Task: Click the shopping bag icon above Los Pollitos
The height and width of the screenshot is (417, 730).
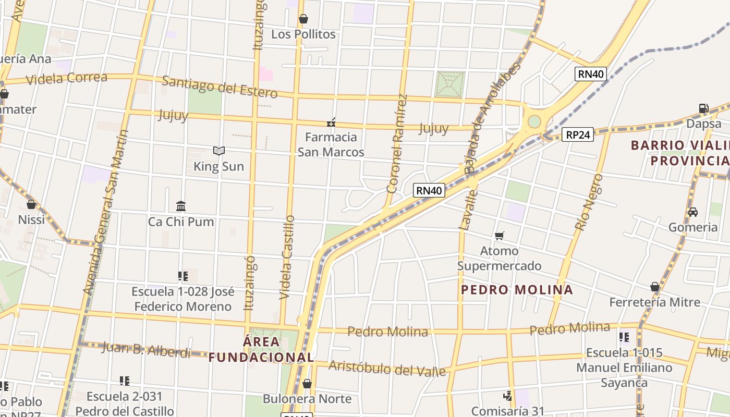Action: pyautogui.click(x=303, y=19)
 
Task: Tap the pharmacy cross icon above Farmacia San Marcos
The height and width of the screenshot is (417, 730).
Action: pyautogui.click(x=331, y=122)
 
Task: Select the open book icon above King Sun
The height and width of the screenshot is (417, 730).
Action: pyautogui.click(x=219, y=151)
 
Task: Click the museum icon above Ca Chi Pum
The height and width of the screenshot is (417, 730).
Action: pyautogui.click(x=181, y=206)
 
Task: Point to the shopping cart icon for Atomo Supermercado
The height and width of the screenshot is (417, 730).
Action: pyautogui.click(x=500, y=236)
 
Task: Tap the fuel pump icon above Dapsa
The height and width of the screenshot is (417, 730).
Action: pyautogui.click(x=703, y=108)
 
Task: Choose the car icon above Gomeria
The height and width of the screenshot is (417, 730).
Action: pyautogui.click(x=693, y=212)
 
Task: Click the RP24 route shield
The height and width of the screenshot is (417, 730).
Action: pyautogui.click(x=579, y=135)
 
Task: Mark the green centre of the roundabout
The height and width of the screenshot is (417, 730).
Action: pyautogui.click(x=534, y=121)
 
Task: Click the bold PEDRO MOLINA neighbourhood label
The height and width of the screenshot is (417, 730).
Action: pyautogui.click(x=517, y=290)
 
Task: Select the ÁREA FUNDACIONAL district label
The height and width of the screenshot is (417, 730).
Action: pyautogui.click(x=261, y=349)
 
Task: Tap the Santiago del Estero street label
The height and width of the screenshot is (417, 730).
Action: pyautogui.click(x=220, y=87)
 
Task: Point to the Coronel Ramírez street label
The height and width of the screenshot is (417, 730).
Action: pyautogui.click(x=396, y=143)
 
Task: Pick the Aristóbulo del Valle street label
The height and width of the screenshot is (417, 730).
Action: pyautogui.click(x=387, y=368)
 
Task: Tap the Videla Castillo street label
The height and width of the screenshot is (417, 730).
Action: pyautogui.click(x=287, y=257)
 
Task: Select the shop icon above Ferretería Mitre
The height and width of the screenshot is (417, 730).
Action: pyautogui.click(x=655, y=287)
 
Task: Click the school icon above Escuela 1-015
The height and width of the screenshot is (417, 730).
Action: pyautogui.click(x=624, y=337)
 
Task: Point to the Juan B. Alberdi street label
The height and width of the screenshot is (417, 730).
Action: pyautogui.click(x=147, y=349)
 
